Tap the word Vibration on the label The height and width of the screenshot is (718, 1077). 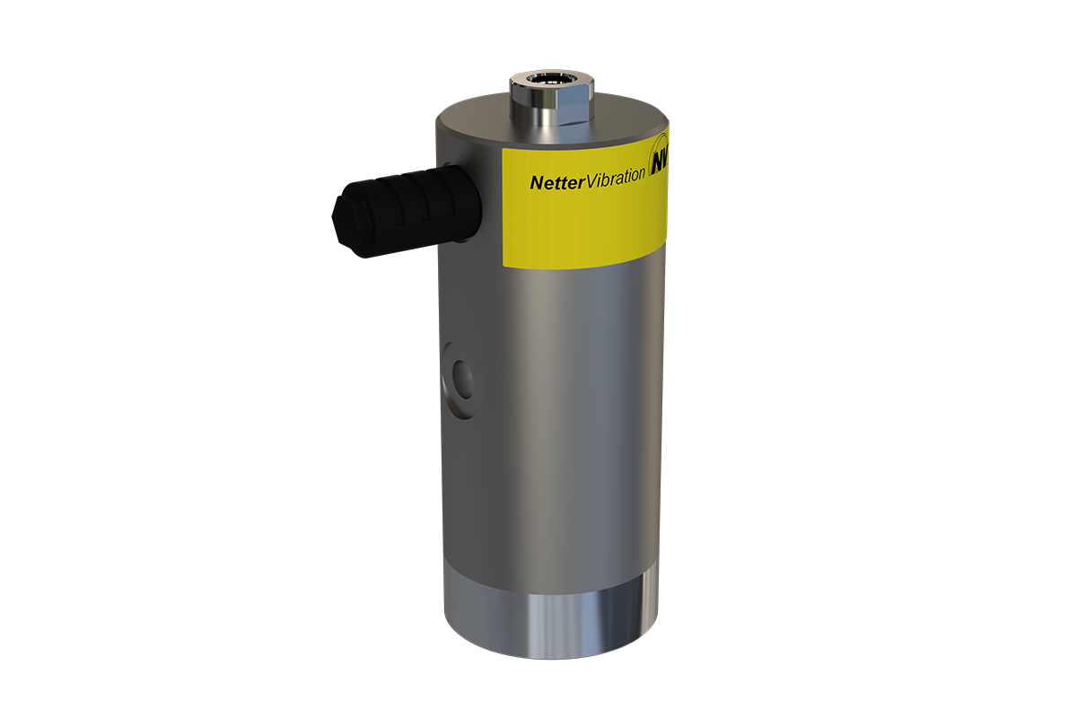tap(615, 176)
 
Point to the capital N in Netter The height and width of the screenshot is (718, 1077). tap(536, 182)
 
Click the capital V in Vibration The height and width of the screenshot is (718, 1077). tap(590, 179)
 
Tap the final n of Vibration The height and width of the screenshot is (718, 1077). tap(641, 174)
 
